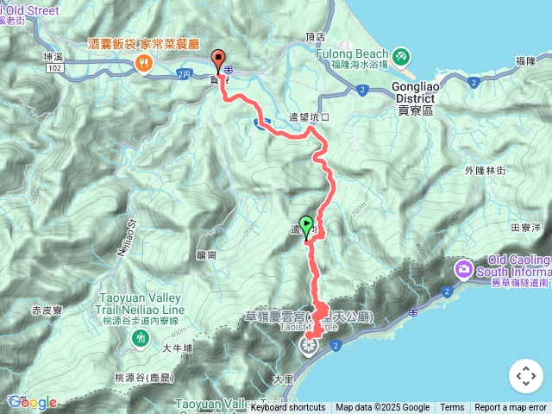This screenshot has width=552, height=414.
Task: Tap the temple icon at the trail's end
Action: pyautogui.click(x=308, y=347)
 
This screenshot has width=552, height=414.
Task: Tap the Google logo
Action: pyautogui.click(x=33, y=402)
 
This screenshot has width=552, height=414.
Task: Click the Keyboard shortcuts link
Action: pyautogui.click(x=288, y=408)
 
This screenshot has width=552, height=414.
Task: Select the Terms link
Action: pyautogui.click(x=452, y=408)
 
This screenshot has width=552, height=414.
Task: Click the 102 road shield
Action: pyautogui.click(x=56, y=68)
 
